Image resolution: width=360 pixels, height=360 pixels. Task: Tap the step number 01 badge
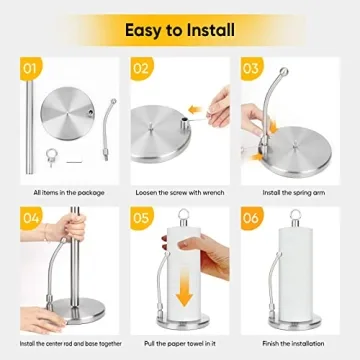coord(29,70)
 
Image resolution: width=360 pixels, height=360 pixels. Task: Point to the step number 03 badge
coord(253,70)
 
